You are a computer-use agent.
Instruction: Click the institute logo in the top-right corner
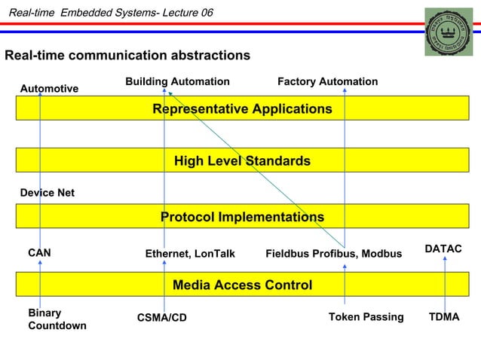coord(448,32)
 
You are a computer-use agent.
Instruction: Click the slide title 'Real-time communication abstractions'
coord(127,56)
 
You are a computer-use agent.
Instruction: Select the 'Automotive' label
coord(49,89)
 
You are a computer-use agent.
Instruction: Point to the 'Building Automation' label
coord(177,81)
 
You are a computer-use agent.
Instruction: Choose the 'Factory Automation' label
coord(327,81)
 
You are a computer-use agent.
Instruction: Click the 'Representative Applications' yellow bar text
coord(242,109)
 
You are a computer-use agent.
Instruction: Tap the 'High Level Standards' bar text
coord(242,161)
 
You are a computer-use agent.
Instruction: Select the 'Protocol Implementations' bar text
coord(242,217)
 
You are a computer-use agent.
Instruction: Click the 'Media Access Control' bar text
coord(242,285)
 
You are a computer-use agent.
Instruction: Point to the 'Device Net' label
coord(47,193)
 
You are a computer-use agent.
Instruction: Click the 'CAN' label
coord(39,253)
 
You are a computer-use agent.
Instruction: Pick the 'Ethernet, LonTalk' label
coord(190,255)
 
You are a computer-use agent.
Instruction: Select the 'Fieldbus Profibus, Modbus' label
coord(333,255)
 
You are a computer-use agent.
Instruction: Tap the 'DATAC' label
coord(443,249)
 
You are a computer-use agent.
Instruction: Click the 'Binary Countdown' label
coord(57,319)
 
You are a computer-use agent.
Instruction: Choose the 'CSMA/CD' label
coord(161,318)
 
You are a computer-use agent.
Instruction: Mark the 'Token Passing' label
coord(366,317)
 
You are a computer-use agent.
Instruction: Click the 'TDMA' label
coord(443,317)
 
